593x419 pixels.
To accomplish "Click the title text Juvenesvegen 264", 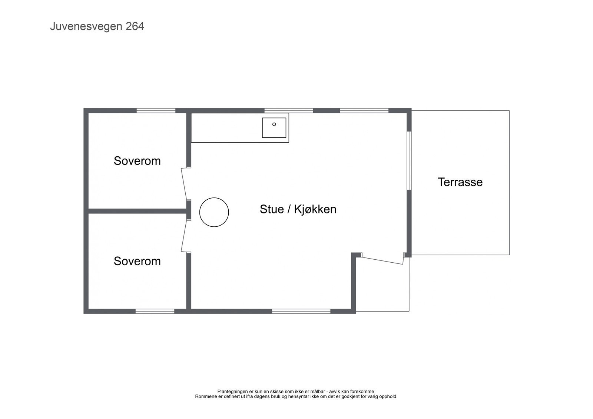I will pos(97,27).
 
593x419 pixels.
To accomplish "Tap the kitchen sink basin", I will pos(274,127).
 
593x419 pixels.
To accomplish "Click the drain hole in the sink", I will pos(274,124).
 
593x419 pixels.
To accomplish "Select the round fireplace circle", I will pos(214,212).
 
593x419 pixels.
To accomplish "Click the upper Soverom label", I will pos(137,161).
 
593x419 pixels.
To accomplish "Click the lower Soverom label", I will pos(137,261).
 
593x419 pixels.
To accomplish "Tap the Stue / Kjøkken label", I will pos(298,209).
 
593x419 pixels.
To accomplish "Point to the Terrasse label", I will pos(460,182).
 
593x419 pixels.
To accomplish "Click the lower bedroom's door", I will pos(184,235).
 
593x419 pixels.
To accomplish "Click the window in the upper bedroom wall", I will pos(156,110).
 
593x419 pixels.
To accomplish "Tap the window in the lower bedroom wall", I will pos(155,311).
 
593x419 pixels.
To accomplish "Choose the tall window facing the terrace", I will pos(409,161).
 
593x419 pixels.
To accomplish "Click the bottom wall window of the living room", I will pos(301,311).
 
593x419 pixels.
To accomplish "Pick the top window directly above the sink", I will pos(288,110).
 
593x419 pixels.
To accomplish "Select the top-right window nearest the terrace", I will pos(364,110).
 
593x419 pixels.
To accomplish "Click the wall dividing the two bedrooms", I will pos(137,211).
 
